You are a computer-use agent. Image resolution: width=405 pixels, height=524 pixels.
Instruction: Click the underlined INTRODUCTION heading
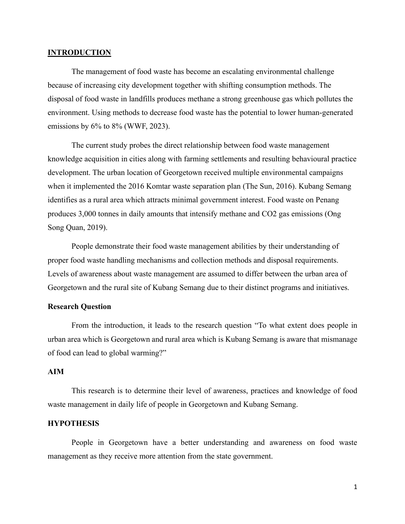pyautogui.click(x=79, y=53)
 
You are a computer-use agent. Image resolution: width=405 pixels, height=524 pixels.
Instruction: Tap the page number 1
pyautogui.click(x=355, y=487)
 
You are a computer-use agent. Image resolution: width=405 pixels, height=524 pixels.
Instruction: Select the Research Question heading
pyautogui.click(x=79, y=307)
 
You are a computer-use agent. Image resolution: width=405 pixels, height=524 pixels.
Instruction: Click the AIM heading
pyautogui.click(x=56, y=372)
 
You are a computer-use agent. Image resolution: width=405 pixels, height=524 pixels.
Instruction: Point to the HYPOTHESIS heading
pyautogui.click(x=73, y=424)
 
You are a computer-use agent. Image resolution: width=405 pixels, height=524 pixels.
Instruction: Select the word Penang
pyautogui.click(x=328, y=200)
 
